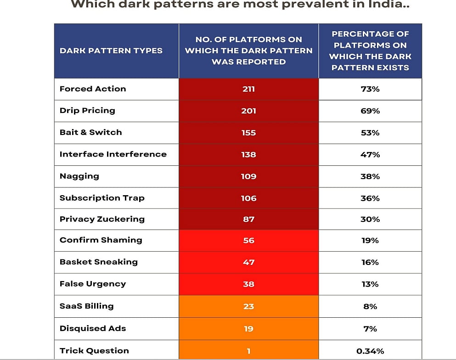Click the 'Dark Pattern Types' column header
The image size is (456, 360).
click(x=111, y=51)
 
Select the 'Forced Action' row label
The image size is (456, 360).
click(x=93, y=89)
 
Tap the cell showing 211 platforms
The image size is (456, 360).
click(x=248, y=89)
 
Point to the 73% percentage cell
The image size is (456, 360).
click(x=370, y=89)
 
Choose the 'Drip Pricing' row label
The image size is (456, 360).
click(x=87, y=111)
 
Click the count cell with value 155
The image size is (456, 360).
click(x=248, y=133)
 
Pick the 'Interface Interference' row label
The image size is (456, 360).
click(x=113, y=154)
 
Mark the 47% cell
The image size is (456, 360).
click(x=370, y=155)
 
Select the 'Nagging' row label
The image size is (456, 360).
click(x=79, y=176)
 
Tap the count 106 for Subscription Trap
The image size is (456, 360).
click(x=248, y=198)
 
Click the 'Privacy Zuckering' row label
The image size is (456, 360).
click(x=102, y=219)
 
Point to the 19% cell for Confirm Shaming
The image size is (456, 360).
click(x=370, y=240)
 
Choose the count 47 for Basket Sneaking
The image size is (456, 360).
click(x=248, y=262)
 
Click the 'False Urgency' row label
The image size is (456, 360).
click(x=93, y=284)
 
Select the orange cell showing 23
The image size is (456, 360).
click(x=248, y=306)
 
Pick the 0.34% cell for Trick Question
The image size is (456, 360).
click(x=370, y=351)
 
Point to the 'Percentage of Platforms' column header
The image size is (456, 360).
click(x=370, y=51)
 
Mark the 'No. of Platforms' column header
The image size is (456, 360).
click(x=248, y=51)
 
